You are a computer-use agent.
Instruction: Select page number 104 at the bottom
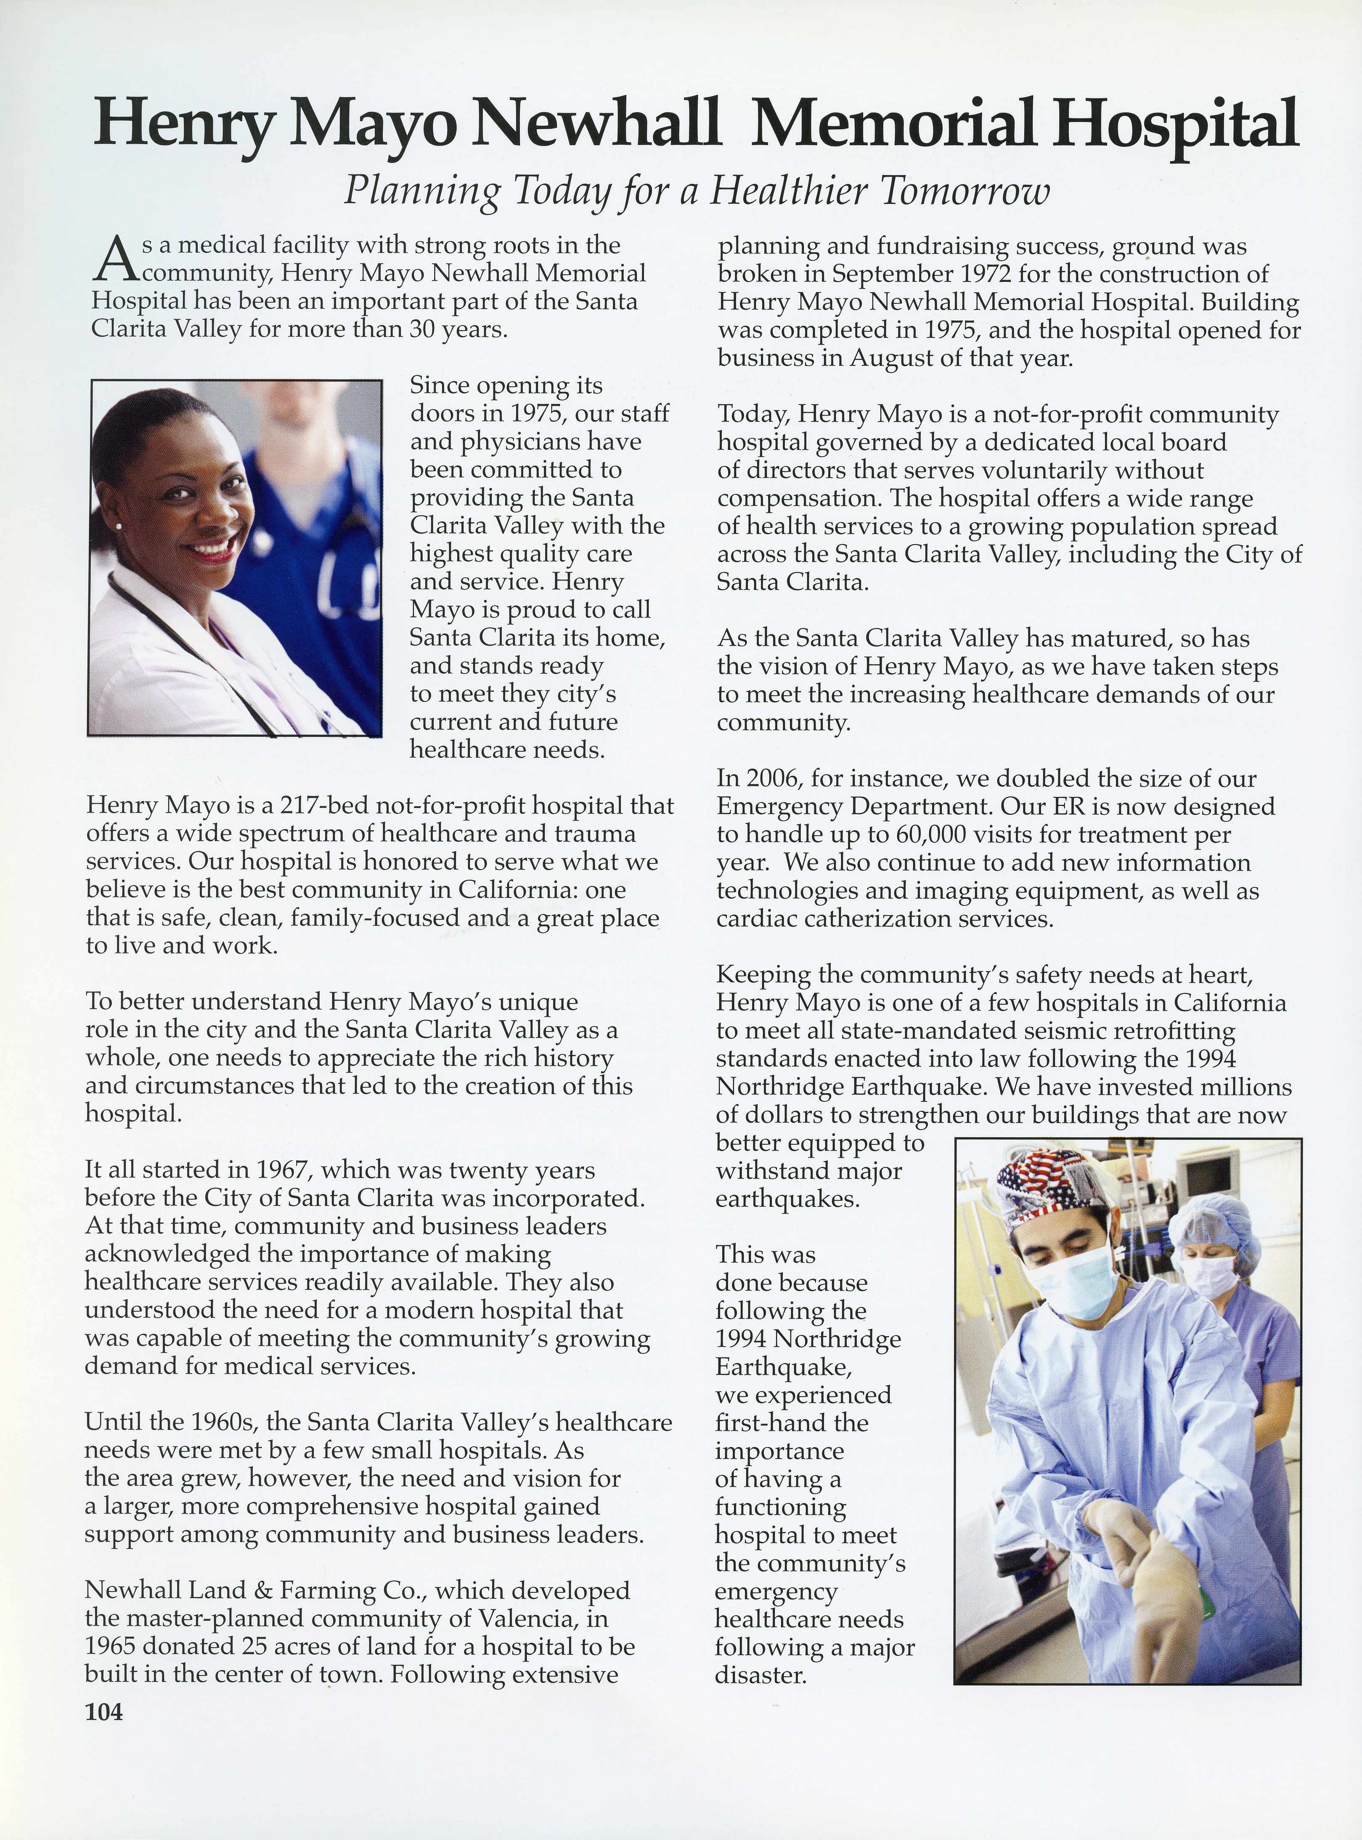104,1712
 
